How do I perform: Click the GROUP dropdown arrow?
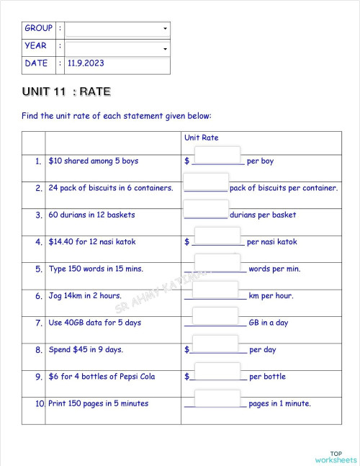coord(166,29)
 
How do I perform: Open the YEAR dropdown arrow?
coord(166,49)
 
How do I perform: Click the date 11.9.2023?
coord(86,63)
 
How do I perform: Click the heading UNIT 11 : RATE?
coord(66,92)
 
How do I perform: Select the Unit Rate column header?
coord(202,137)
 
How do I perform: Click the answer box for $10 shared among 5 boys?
coord(217,156)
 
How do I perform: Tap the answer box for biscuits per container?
coord(206,183)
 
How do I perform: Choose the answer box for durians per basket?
coord(206,210)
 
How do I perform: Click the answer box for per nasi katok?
coord(217,236)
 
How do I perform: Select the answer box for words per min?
coord(217,264)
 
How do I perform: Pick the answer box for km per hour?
coord(217,290)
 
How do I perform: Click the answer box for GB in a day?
coord(217,318)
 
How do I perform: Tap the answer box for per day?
coord(217,344)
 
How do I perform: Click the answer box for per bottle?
coord(217,372)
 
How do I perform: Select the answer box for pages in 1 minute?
coord(217,398)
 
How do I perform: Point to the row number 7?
coord(39,323)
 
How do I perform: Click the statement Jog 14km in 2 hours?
coord(85,296)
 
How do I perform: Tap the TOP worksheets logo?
coord(336,457)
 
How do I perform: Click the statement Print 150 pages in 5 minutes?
coord(98,403)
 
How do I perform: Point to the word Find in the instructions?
coord(30,115)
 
